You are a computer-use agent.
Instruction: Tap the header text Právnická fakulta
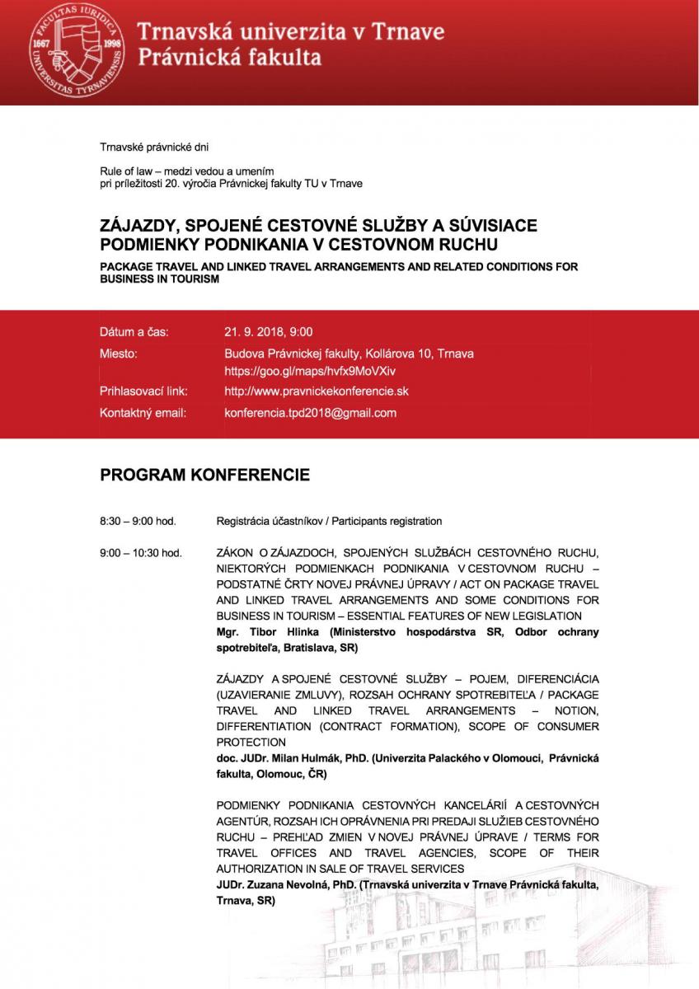point(229,58)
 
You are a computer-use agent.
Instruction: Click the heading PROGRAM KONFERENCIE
point(204,476)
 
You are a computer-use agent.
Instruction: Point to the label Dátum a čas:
point(134,332)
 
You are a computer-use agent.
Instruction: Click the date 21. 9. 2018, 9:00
point(268,332)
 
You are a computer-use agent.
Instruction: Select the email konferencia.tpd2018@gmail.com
point(310,412)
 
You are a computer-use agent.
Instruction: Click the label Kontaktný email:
point(143,412)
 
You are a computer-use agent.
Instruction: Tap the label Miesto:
point(119,353)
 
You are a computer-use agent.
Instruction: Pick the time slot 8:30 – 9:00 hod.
point(138,521)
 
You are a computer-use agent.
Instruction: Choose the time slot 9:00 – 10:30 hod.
point(140,551)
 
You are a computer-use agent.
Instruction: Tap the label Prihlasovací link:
point(143,391)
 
